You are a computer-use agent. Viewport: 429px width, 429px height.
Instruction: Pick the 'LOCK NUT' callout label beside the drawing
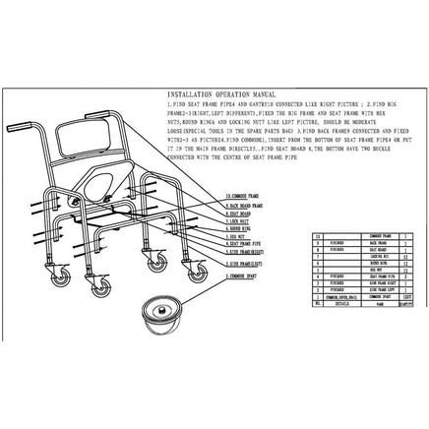(x=239, y=222)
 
